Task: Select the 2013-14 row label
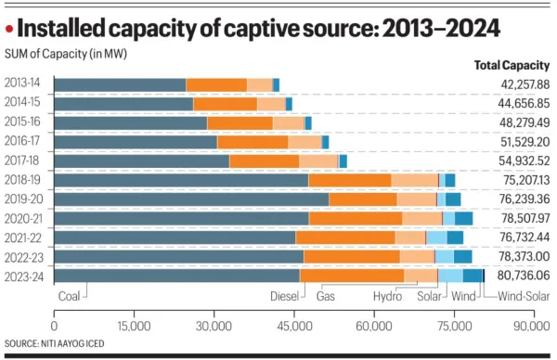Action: tap(30, 84)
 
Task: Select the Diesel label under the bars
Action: tap(284, 296)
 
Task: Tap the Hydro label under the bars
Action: tap(387, 296)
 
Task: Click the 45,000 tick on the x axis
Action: tap(294, 327)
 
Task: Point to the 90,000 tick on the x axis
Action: tap(533, 327)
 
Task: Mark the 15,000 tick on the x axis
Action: tap(135, 327)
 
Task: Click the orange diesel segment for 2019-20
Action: tap(363, 199)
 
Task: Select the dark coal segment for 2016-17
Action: tap(136, 142)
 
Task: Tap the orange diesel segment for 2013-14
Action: tap(216, 84)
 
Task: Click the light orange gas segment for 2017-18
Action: tap(318, 161)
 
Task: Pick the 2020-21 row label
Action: tap(30, 218)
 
